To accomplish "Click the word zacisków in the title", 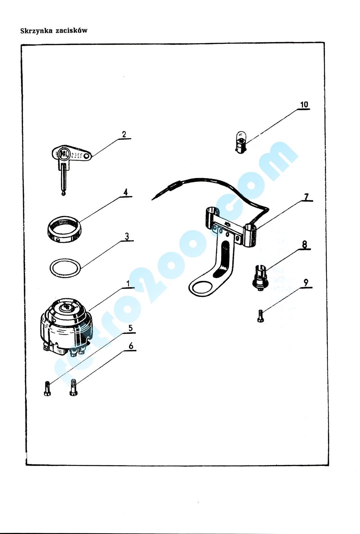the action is (x=71, y=31).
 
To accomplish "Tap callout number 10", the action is (x=304, y=104).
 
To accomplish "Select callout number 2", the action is (x=124, y=134).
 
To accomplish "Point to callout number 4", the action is (x=125, y=192).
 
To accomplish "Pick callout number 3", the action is (x=127, y=236).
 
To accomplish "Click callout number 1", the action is (x=128, y=284).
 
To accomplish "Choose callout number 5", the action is (x=130, y=328).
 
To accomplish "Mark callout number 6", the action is (x=131, y=346).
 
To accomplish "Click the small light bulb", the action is (x=241, y=142).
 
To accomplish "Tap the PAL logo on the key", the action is (x=64, y=154).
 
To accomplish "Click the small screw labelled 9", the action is (x=260, y=316).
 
